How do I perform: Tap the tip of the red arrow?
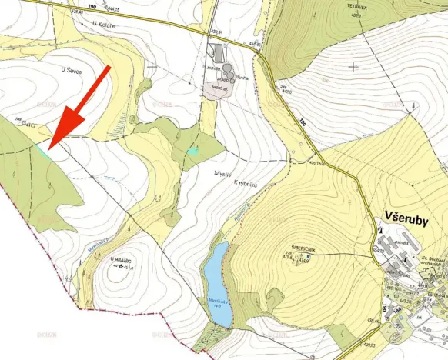[48, 147]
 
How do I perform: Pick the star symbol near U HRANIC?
[121, 267]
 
